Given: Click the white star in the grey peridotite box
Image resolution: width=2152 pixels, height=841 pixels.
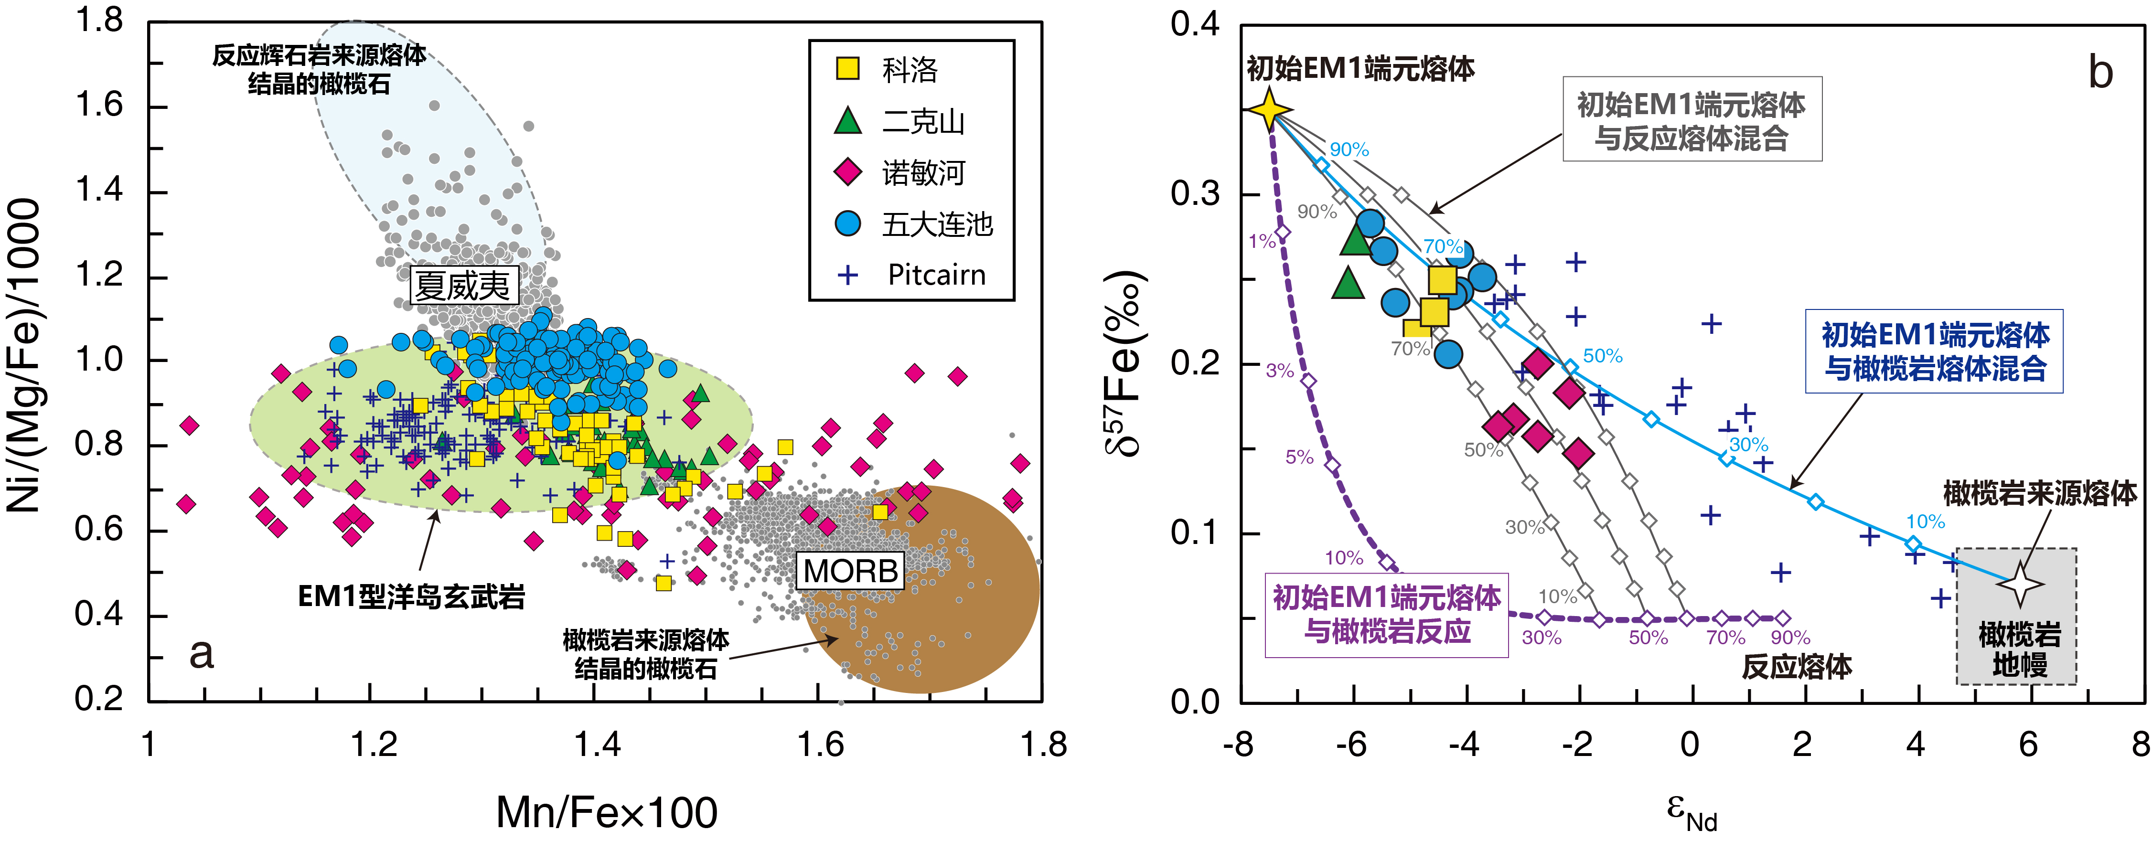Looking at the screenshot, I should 2020,583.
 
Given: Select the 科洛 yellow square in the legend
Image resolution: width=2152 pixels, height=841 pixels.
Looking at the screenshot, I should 848,68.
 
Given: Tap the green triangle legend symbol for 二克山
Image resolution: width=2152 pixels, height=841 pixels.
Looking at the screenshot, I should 848,121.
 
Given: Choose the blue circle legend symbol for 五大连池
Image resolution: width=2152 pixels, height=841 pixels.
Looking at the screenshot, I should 848,224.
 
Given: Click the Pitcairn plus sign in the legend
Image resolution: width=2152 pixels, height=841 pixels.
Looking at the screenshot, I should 848,275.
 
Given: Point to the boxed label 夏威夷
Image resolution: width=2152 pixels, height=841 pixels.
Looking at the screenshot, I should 463,286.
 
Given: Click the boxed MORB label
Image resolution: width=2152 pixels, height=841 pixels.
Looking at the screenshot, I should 850,571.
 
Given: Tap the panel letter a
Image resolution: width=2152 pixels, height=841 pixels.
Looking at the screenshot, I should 201,653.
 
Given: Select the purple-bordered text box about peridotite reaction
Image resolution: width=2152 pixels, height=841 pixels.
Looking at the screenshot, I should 1386,615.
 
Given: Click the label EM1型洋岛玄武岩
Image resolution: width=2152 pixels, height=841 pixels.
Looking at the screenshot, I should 411,596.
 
